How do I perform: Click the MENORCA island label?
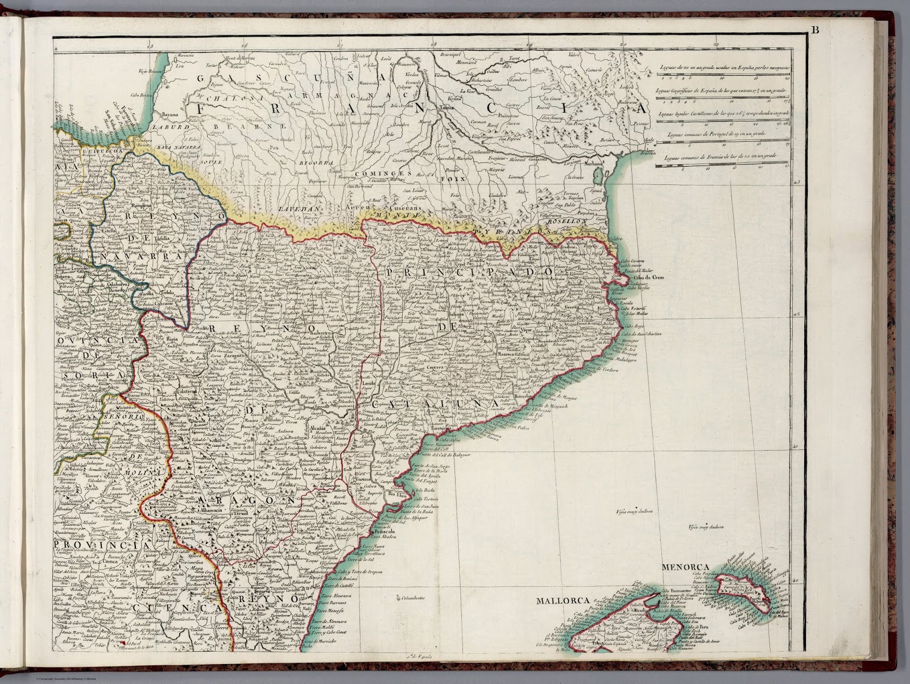point(684,567)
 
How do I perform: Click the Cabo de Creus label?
point(649,277)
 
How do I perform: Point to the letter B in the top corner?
point(815,31)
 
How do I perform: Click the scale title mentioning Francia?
point(715,156)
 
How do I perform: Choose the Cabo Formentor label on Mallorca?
point(679,590)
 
